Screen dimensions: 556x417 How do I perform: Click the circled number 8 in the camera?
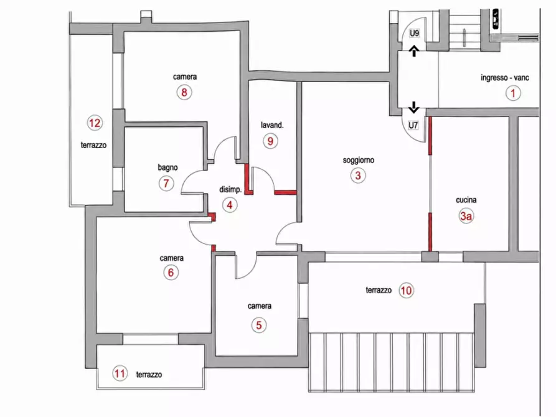[184, 92]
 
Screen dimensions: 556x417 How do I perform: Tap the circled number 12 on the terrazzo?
[95, 123]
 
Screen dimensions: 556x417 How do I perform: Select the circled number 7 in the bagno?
[166, 184]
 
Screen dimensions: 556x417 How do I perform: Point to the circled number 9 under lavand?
[271, 141]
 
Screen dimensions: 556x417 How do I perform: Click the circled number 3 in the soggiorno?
[358, 175]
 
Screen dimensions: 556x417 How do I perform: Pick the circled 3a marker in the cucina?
[466, 215]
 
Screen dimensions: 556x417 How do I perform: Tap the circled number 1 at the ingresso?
[513, 93]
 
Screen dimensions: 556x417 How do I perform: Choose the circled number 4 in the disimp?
[230, 205]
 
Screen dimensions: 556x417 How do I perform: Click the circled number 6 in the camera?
[171, 273]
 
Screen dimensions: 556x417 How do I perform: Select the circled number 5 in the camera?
[259, 325]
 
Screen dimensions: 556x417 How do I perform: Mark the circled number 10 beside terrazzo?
[406, 291]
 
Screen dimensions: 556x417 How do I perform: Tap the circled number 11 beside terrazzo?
[120, 373]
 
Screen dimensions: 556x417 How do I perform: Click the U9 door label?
[414, 34]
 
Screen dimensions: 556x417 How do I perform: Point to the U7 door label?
[413, 125]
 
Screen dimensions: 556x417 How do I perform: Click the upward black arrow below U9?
[414, 50]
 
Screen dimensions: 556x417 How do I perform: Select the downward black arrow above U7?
[413, 107]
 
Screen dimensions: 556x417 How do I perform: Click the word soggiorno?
[359, 161]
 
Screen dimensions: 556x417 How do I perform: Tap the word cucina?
[466, 200]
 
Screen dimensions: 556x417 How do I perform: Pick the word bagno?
[167, 167]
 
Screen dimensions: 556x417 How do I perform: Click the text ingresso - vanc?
[505, 78]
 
